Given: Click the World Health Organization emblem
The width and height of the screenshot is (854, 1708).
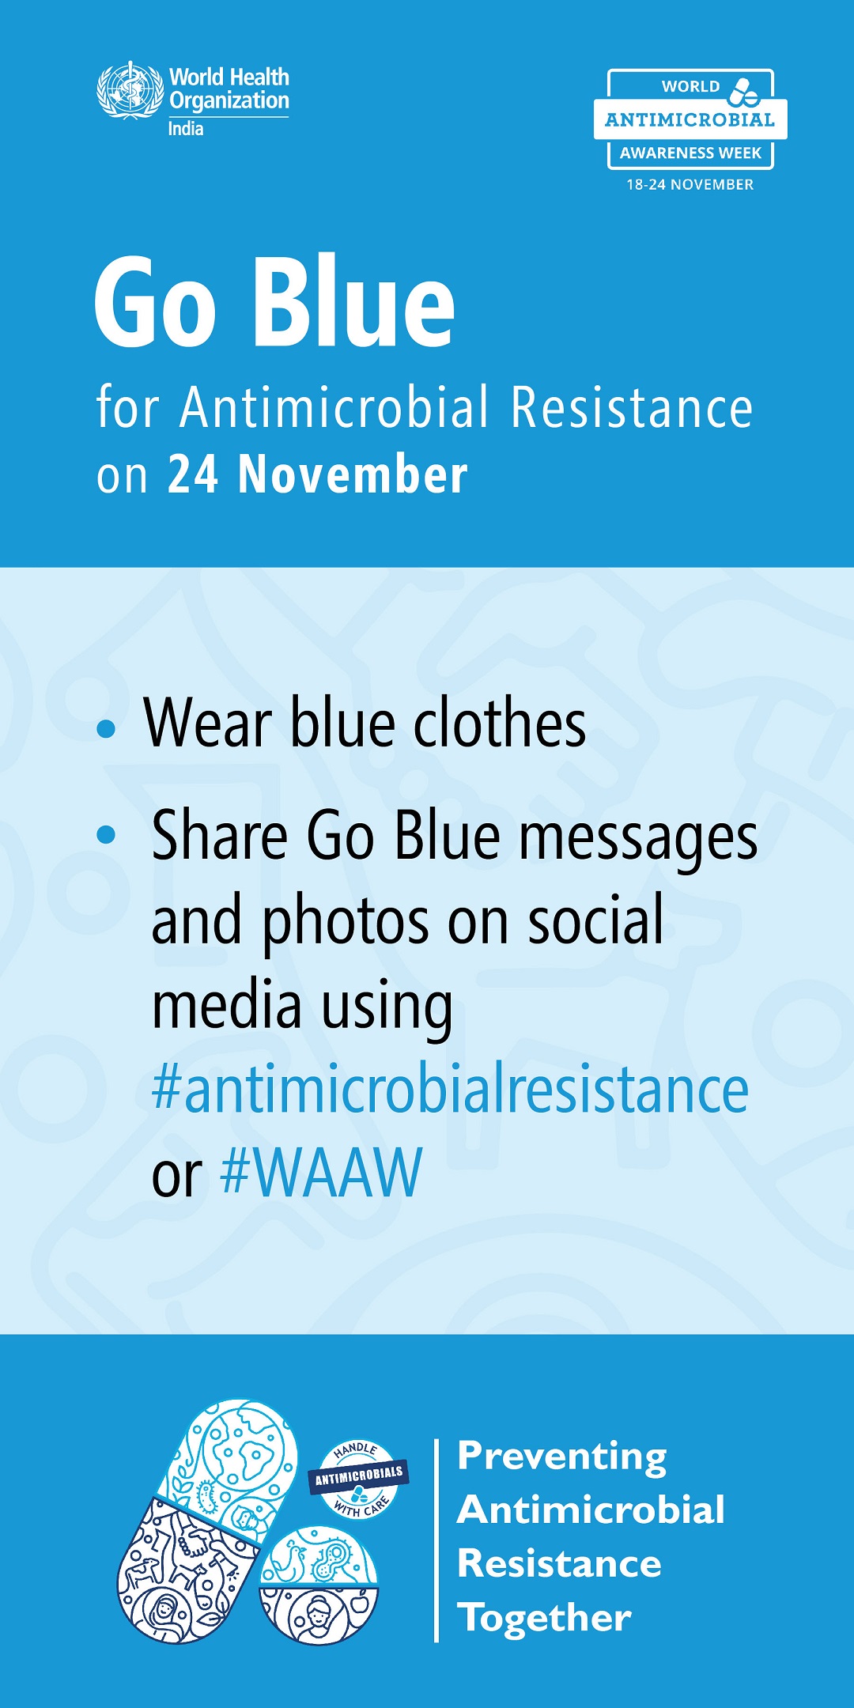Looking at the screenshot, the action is pos(130,90).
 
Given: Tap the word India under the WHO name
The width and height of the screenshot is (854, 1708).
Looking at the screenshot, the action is pos(186,129).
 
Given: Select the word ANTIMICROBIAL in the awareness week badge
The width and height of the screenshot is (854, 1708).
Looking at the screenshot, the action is pos(690,120).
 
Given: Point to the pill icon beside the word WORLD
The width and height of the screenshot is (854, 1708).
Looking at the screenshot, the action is pos(744,92).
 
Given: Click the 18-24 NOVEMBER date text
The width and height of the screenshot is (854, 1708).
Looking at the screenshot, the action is pos(690,184).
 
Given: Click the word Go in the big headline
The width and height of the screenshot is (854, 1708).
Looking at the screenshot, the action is pos(155,303).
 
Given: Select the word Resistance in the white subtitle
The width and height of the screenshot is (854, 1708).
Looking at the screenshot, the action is pos(632,407).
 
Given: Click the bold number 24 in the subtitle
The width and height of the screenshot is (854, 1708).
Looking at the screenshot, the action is pos(193,474).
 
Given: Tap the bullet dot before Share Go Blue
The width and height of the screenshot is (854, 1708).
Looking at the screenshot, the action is pos(106,834).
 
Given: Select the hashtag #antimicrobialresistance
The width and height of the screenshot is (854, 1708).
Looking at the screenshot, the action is pos(450,1089).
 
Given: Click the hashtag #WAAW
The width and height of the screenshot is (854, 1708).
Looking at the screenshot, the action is pos(322,1172).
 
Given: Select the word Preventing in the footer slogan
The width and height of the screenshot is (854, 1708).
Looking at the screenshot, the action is pos(562,1457).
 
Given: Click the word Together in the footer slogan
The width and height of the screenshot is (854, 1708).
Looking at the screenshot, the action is pos(545,1618).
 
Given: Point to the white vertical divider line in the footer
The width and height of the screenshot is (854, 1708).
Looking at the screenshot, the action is pos(436,1540).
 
